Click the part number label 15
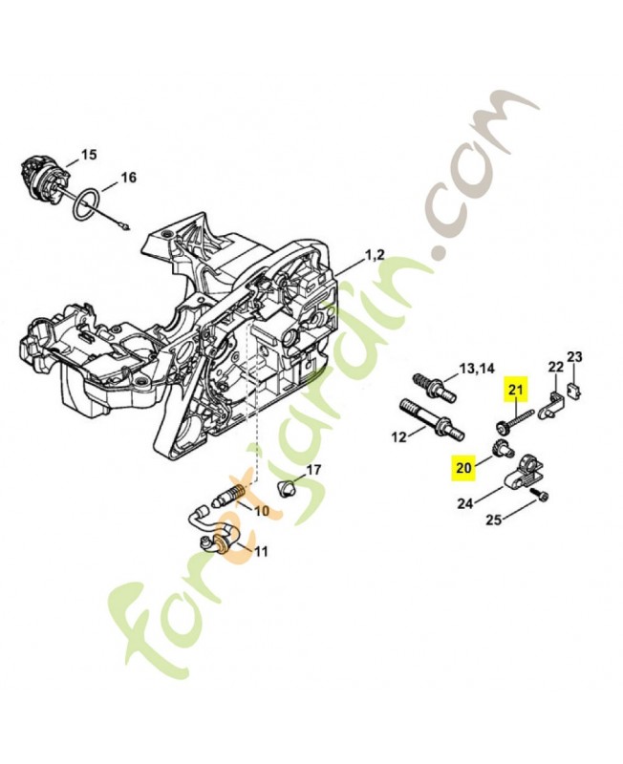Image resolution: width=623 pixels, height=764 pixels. click(x=88, y=154)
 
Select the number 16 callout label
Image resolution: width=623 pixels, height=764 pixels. click(x=128, y=177)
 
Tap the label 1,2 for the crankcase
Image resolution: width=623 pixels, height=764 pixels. click(x=375, y=255)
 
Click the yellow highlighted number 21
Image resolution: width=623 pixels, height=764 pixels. click(x=516, y=389)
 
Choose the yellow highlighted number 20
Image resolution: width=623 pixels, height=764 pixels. click(x=464, y=468)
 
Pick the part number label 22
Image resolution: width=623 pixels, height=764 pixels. click(x=555, y=366)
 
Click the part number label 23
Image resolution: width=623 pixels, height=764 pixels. click(x=574, y=357)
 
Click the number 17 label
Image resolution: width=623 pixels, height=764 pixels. click(x=312, y=470)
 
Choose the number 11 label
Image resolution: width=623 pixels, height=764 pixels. click(x=260, y=551)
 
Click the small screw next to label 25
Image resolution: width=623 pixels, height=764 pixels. click(x=543, y=496)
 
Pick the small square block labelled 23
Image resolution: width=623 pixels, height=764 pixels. click(x=574, y=388)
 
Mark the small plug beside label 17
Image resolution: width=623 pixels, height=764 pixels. click(x=283, y=489)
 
